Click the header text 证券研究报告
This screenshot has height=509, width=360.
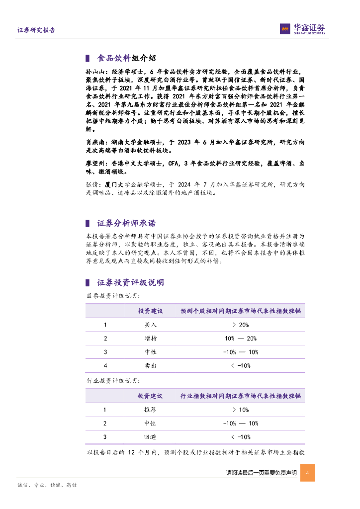click(36, 30)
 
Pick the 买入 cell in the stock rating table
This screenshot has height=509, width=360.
click(150, 325)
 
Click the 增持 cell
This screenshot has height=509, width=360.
click(150, 339)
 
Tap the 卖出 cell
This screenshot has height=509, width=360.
click(150, 365)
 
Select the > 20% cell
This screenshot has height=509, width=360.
click(240, 325)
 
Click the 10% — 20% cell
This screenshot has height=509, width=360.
click(240, 339)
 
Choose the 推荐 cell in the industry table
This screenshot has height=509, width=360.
click(150, 410)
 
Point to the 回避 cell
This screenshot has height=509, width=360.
click(150, 437)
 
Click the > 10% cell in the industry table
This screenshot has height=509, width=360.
click(240, 410)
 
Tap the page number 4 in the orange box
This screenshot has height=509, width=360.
click(307, 473)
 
